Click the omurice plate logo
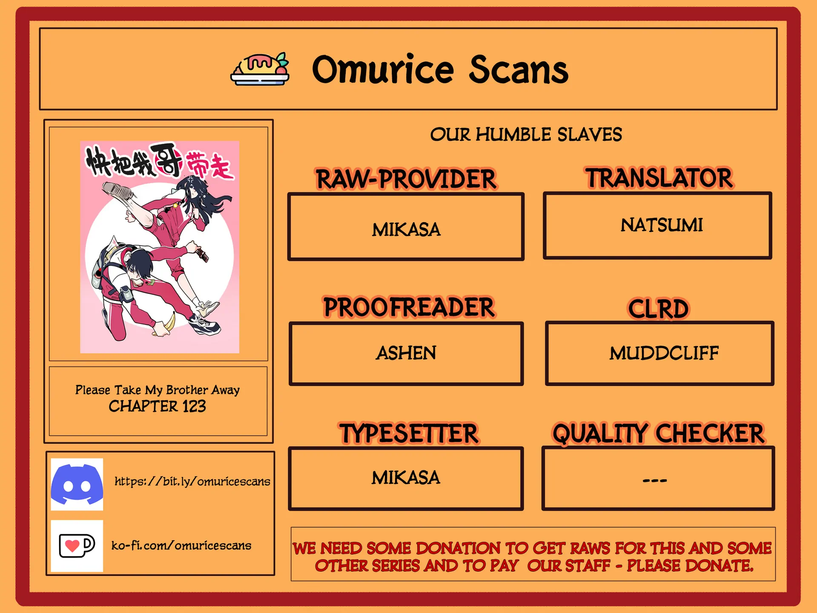260,69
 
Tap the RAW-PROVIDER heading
406,179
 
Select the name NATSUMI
662,225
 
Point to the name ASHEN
406,353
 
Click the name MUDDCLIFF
664,353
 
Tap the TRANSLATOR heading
659,178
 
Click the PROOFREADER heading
409,307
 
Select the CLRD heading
658,309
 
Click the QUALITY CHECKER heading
658,434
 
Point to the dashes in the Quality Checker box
655,481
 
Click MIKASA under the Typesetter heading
406,478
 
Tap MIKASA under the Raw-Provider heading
406,230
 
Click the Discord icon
77,484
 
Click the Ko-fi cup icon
77,546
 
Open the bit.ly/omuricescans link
192,481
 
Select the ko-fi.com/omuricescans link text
181,545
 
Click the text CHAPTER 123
157,407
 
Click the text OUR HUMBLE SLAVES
526,135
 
